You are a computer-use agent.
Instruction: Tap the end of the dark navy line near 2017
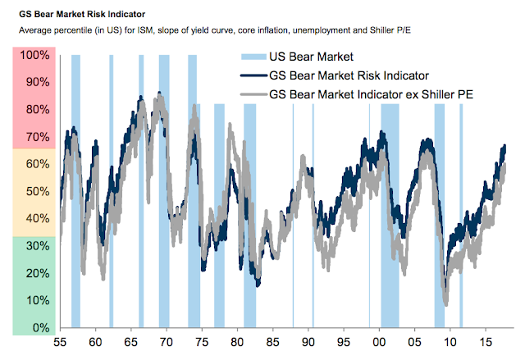(x=504, y=147)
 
